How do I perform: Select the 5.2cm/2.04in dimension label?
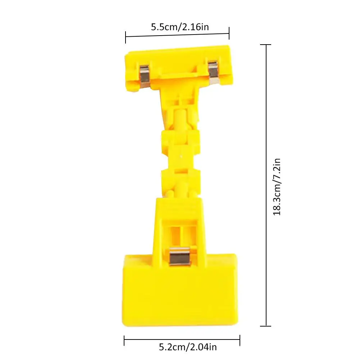pyautogui.click(x=188, y=347)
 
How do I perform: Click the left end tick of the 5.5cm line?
pyautogui.click(x=126, y=37)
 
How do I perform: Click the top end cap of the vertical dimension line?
pyautogui.click(x=265, y=45)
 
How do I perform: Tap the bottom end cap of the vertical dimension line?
pyautogui.click(x=265, y=326)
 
